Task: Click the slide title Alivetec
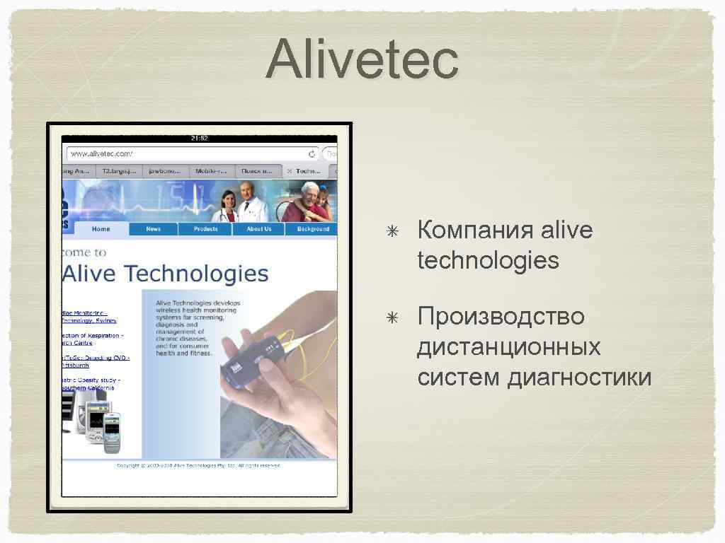pyautogui.click(x=362, y=60)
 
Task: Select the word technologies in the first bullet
pyautogui.click(x=488, y=261)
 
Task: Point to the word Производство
pyautogui.click(x=501, y=316)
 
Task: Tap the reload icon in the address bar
pyautogui.click(x=312, y=153)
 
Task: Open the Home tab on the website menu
pyautogui.click(x=101, y=229)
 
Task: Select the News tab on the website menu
pyautogui.click(x=154, y=229)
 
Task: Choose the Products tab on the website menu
pyautogui.click(x=205, y=229)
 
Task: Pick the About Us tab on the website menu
pyautogui.click(x=258, y=229)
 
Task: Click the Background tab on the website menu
pyautogui.click(x=312, y=229)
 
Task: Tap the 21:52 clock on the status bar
pyautogui.click(x=199, y=139)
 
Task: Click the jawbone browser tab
pyautogui.click(x=164, y=171)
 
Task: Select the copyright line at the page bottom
pyautogui.click(x=199, y=465)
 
